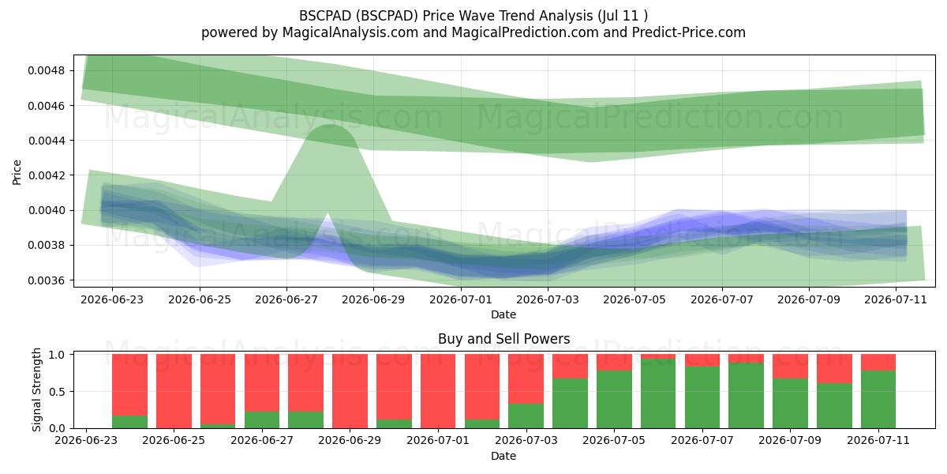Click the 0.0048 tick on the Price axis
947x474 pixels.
tap(47, 70)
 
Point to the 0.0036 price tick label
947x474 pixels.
tap(47, 280)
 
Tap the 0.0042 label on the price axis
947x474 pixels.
tap(47, 175)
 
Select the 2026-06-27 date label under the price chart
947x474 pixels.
tap(286, 299)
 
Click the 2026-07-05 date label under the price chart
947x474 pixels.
tap(634, 299)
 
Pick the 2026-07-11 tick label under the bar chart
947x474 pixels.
tap(878, 440)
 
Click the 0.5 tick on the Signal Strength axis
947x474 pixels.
tap(57, 392)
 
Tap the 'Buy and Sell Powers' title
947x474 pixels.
tap(504, 339)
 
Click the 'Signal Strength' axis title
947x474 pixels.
tap(37, 389)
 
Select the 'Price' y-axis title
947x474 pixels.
tap(17, 172)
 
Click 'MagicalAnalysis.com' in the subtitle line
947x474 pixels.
tap(350, 32)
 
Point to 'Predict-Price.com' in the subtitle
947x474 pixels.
tap(689, 32)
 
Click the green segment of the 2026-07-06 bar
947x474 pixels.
tap(658, 393)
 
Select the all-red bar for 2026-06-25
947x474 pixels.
tap(174, 391)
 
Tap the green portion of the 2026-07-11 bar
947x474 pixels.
tap(878, 400)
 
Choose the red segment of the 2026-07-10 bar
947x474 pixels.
tap(834, 369)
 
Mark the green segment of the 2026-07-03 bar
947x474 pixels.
tap(526, 416)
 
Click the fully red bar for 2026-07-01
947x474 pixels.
tap(438, 391)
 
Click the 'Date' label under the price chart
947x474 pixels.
tap(503, 314)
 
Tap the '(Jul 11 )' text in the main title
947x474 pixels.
tap(623, 16)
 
